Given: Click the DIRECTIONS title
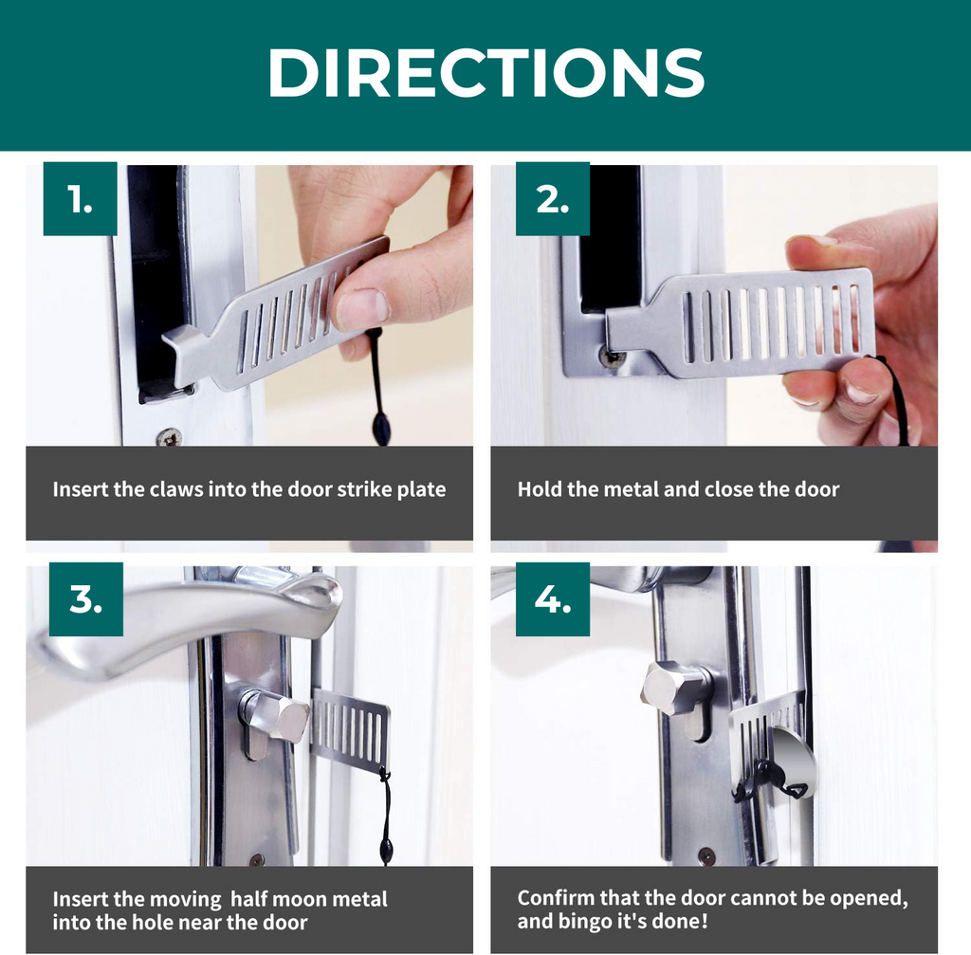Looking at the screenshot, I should pos(485,72).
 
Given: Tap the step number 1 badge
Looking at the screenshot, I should pos(81,199).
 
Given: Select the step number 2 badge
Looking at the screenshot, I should pos(552,199).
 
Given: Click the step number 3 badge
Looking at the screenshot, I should pos(85,599).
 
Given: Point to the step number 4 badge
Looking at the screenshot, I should pos(552,599).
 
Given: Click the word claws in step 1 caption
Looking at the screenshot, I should pos(174,490).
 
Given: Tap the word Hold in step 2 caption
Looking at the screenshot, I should pos(538,490).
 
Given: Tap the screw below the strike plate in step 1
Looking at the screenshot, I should pos(170,437).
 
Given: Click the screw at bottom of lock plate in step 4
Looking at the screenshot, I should pos(705,854).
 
